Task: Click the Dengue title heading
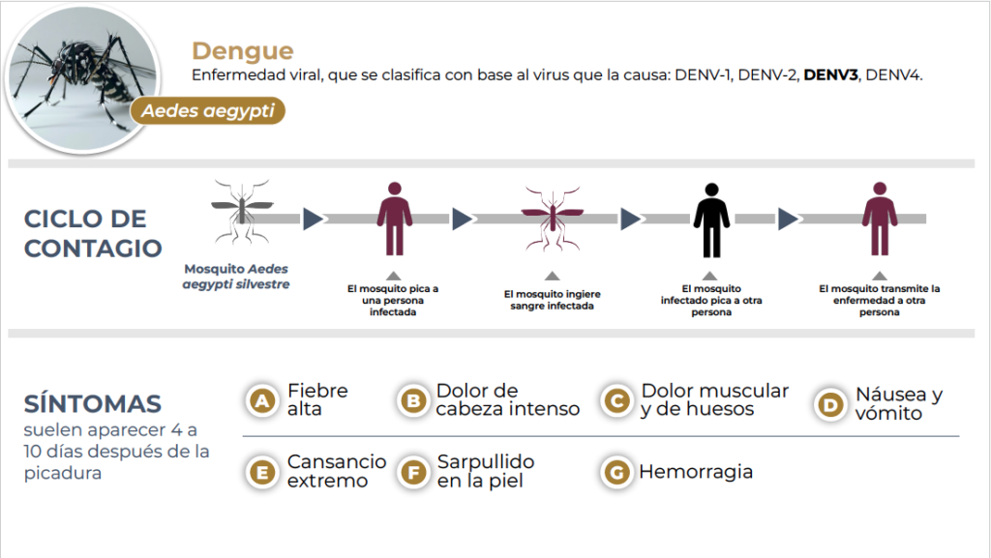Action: click(x=242, y=51)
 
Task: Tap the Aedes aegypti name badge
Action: click(x=207, y=111)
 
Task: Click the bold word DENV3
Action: click(x=830, y=75)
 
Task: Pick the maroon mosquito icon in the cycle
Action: click(x=552, y=218)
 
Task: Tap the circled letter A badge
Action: click(x=260, y=400)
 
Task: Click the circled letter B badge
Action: click(x=413, y=400)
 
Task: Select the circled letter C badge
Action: click(x=615, y=400)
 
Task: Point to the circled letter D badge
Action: click(x=829, y=404)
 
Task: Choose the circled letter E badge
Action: click(x=260, y=472)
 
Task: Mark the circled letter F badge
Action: click(x=413, y=472)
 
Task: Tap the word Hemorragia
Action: click(x=696, y=472)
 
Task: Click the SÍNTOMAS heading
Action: click(x=93, y=404)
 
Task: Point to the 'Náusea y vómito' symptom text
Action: click(x=898, y=404)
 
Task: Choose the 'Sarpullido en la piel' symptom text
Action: click(x=486, y=471)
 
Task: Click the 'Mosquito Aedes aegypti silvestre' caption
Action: click(x=236, y=277)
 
